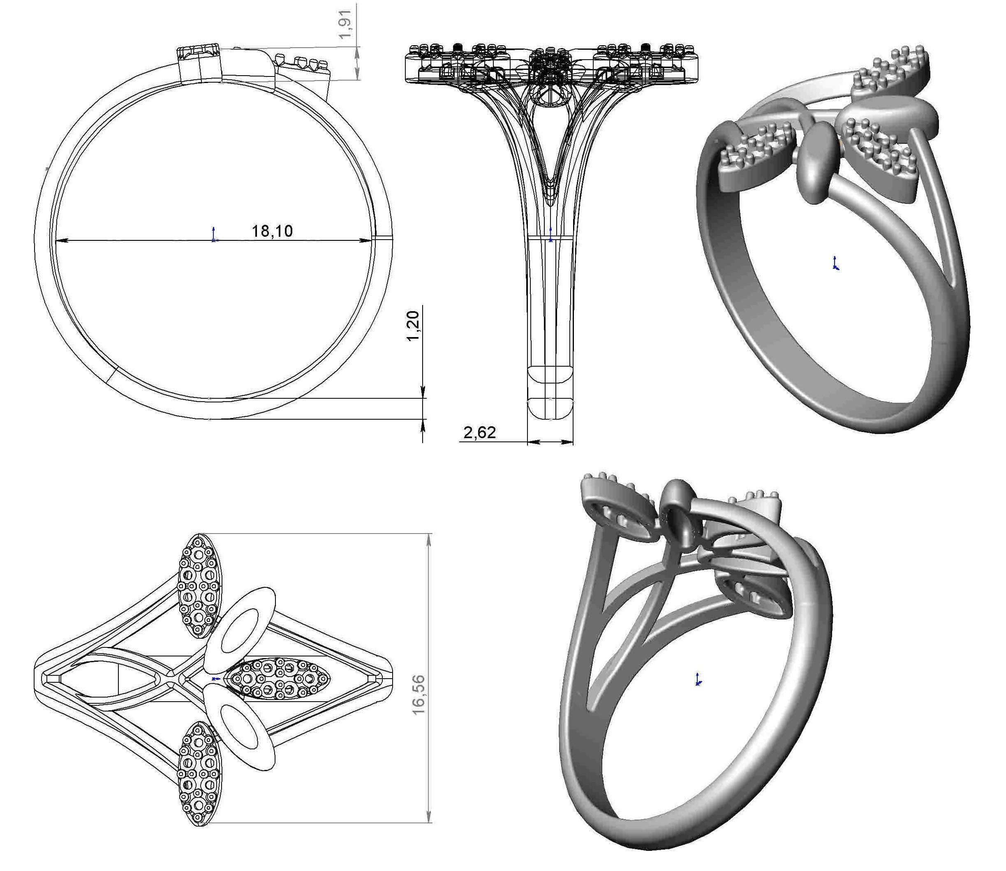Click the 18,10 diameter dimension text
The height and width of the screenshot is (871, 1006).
pos(272,231)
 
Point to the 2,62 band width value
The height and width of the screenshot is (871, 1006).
pos(479,432)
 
